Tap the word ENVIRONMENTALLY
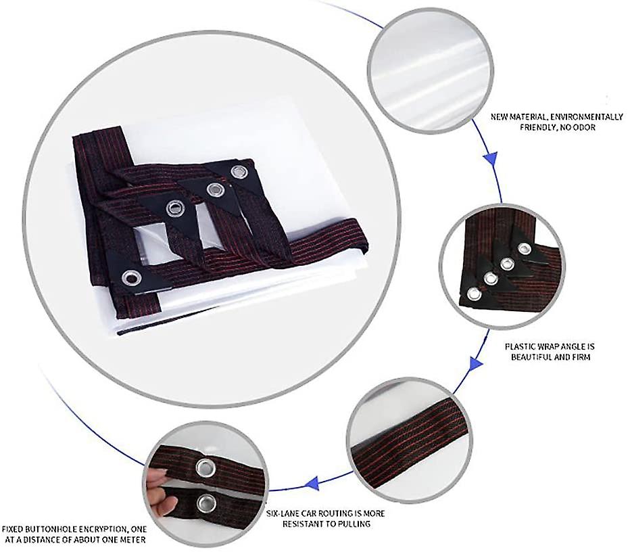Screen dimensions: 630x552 click(587, 117)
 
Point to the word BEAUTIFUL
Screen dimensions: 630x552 click(531, 356)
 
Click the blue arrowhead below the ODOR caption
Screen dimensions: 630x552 click(491, 157)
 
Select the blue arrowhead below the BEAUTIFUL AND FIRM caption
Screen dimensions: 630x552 click(476, 363)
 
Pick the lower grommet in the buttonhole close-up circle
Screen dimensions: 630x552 click(206, 503)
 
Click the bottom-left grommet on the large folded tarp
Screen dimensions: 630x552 click(131, 277)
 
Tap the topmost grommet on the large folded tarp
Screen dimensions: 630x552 click(238, 171)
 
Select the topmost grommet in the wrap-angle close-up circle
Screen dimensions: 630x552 click(523, 249)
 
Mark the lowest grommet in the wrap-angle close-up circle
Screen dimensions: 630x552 click(475, 295)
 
